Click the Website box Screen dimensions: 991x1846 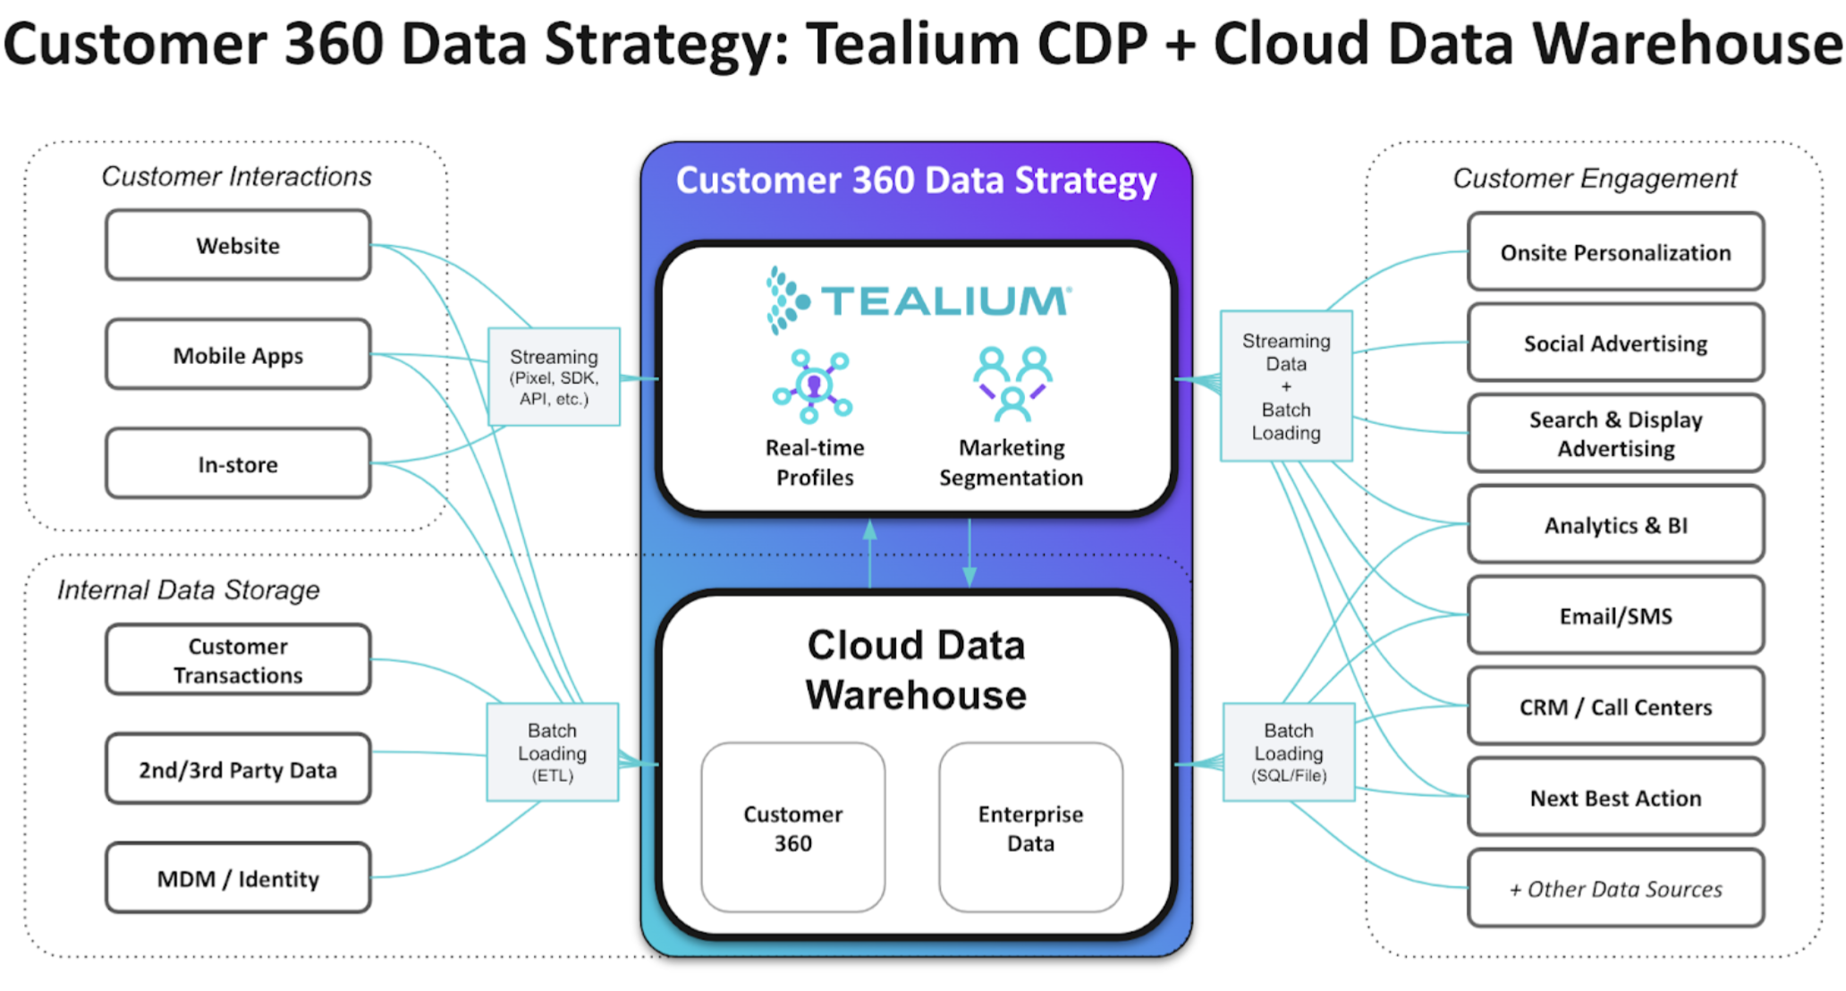[x=238, y=245]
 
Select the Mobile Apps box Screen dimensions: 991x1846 [x=238, y=354]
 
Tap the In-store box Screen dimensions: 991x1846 [x=238, y=463]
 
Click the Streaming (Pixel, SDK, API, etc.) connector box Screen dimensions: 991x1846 [x=554, y=377]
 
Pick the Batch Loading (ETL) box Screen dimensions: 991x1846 [x=552, y=752]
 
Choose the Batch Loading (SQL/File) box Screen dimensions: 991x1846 [x=1288, y=752]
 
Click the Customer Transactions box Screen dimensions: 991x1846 [x=238, y=660]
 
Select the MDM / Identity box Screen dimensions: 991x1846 [x=238, y=878]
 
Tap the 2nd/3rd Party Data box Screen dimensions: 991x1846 [x=238, y=769]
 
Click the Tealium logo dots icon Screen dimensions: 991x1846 [x=785, y=301]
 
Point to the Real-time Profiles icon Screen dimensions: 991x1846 [x=813, y=386]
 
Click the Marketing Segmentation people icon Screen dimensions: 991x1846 [x=1012, y=383]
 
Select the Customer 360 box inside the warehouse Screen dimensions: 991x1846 [x=792, y=827]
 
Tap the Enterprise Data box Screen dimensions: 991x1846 [x=1030, y=827]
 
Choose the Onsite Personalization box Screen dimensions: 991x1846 [x=1615, y=252]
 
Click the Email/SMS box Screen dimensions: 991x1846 [x=1615, y=615]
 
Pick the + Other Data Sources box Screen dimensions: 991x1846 [x=1615, y=888]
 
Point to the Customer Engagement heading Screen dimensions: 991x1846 [x=1595, y=178]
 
